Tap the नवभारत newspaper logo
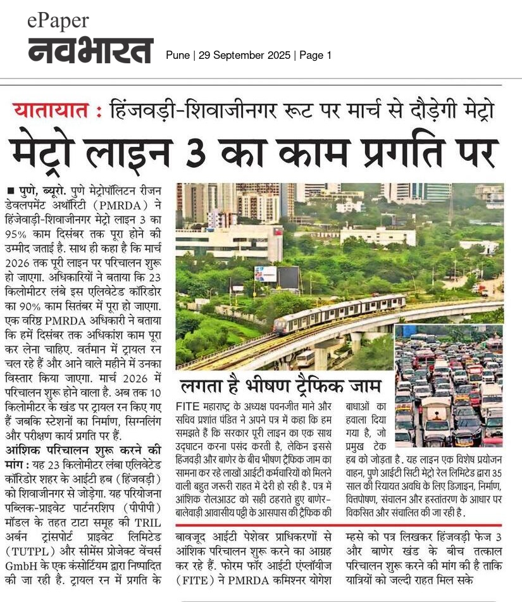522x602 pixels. click(x=90, y=51)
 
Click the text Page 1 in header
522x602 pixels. click(x=316, y=56)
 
